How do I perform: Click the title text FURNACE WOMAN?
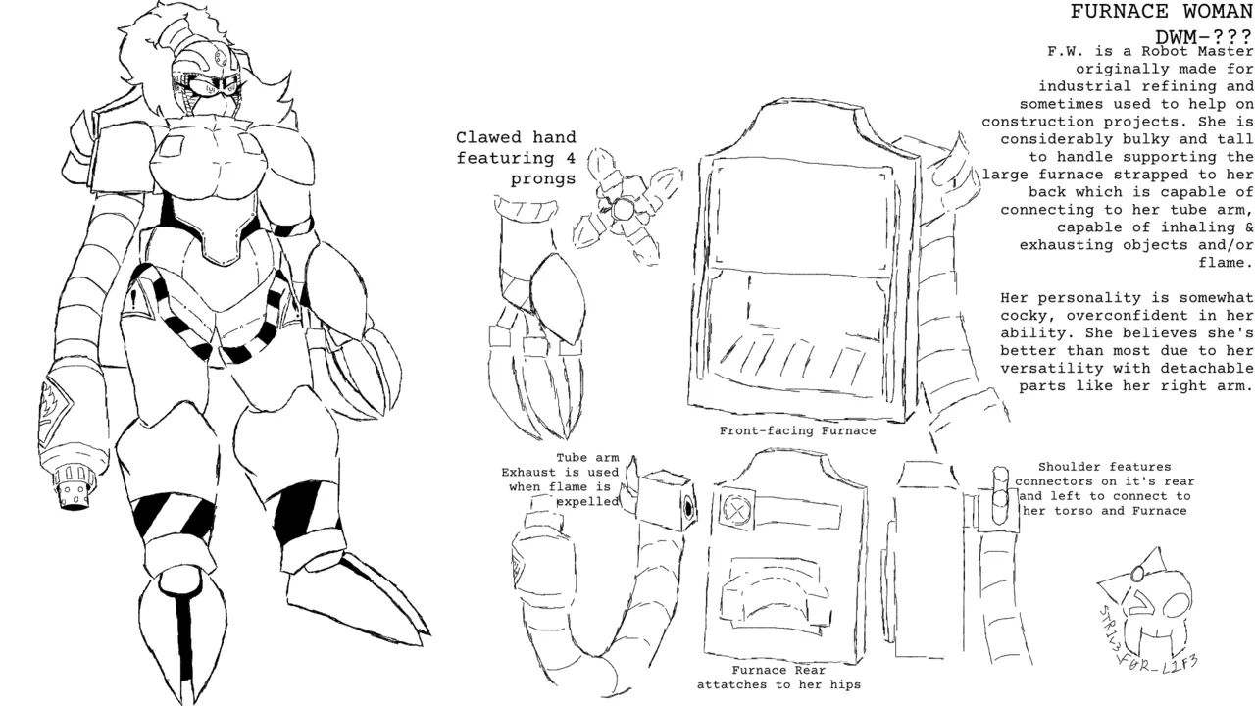[1162, 11]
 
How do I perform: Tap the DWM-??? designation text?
[1203, 37]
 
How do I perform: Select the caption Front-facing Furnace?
[797, 430]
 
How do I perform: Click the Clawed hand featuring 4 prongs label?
[516, 158]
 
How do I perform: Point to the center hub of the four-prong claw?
[622, 210]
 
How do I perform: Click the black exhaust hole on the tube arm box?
[688, 508]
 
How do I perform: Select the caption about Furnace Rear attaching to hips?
[778, 678]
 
